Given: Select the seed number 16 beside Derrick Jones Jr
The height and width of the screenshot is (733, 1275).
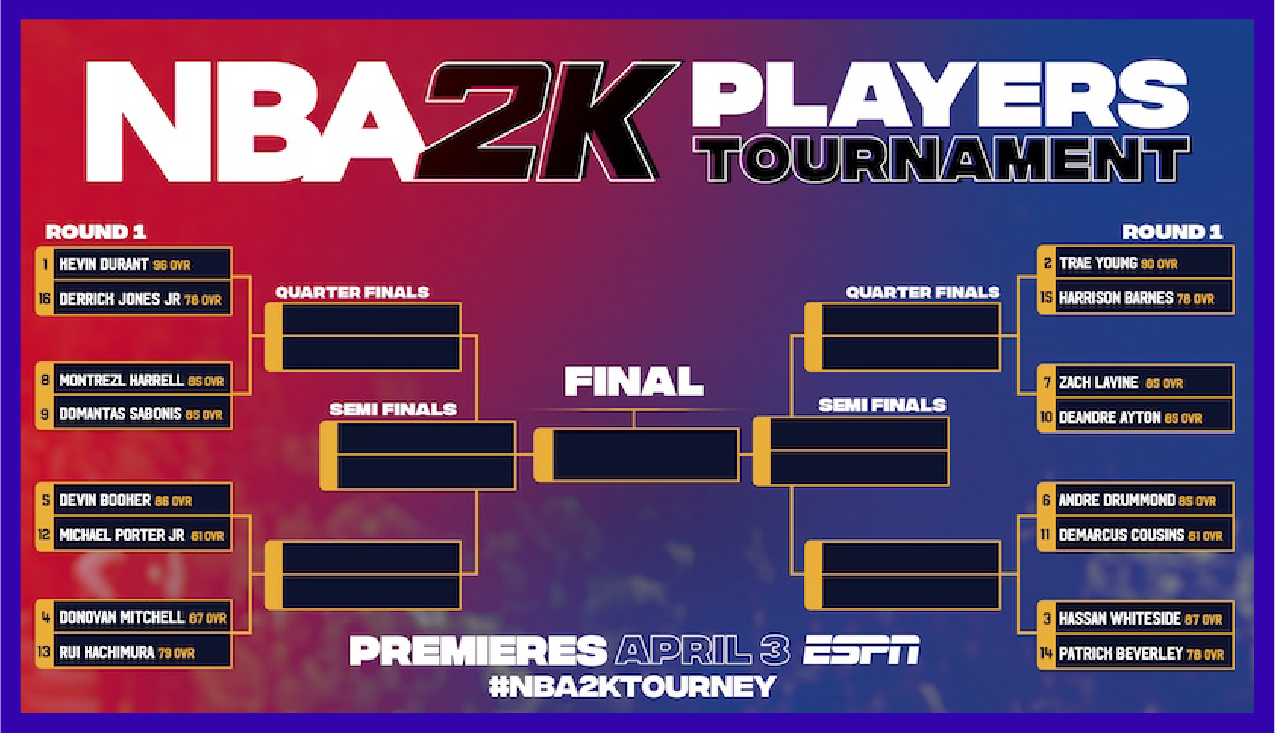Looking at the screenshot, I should (x=44, y=299).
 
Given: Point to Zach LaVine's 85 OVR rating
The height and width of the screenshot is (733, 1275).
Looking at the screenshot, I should (x=1164, y=383).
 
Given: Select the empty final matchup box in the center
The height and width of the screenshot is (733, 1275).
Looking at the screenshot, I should (x=644, y=454).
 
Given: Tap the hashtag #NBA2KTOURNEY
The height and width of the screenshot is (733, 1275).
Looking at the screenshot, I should (x=633, y=686).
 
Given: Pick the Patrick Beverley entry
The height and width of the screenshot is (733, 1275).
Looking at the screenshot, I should (x=1121, y=654).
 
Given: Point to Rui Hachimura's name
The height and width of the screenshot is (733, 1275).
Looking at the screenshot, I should (x=107, y=653).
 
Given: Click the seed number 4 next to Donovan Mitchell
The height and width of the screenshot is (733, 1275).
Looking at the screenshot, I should (x=45, y=617).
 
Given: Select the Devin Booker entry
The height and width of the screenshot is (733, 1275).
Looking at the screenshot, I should (x=105, y=501).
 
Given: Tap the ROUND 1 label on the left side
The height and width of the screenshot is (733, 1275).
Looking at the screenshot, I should (x=96, y=232).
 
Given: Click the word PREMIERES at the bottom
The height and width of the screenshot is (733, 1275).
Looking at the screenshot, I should (x=478, y=650).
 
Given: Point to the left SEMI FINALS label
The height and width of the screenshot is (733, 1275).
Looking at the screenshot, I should (x=393, y=409).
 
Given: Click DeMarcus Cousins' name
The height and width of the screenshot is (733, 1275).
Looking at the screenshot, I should (x=1121, y=535).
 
